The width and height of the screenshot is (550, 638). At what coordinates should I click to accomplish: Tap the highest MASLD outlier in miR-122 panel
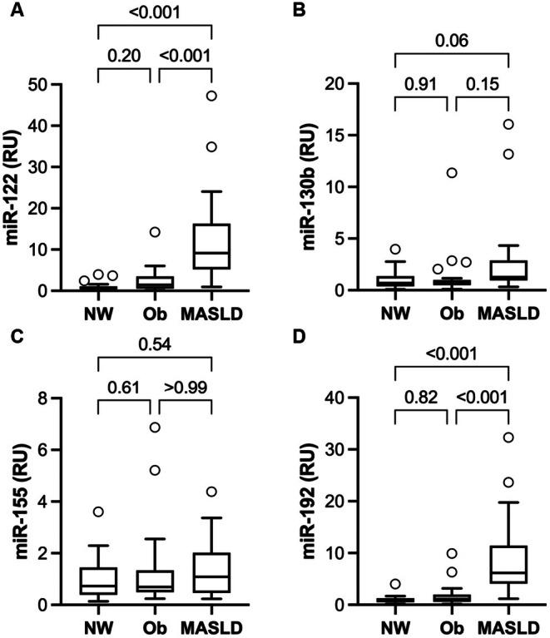(x=212, y=96)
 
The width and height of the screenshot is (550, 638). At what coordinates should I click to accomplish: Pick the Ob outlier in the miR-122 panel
(x=154, y=232)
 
